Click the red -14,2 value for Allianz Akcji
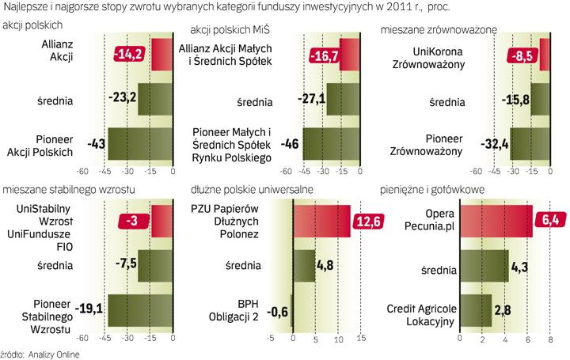coord(130,55)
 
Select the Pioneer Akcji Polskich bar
coord(139,145)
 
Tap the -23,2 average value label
coord(120,100)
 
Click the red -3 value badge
coord(133,221)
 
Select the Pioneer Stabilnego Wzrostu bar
coord(141,310)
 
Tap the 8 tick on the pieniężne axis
coord(550,340)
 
